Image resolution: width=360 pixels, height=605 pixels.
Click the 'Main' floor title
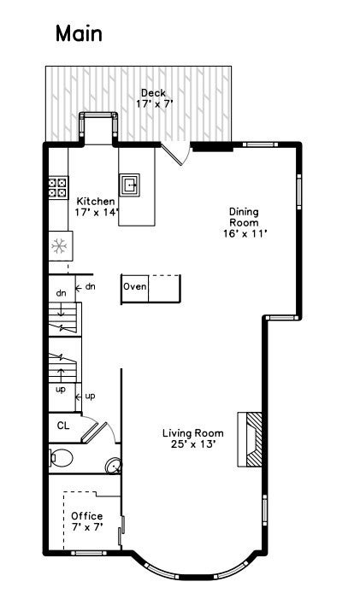(x=79, y=34)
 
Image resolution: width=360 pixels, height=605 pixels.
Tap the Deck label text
(x=154, y=93)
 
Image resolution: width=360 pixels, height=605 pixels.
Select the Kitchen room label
(x=95, y=201)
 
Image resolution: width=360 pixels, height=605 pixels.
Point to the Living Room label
(x=192, y=433)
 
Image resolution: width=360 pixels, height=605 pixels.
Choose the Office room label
(x=86, y=516)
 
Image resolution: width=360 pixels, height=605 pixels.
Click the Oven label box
(x=135, y=287)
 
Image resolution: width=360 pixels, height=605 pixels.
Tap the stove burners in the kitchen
(x=58, y=187)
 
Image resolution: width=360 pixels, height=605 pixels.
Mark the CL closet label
(x=63, y=425)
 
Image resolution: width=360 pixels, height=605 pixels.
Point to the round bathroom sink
(x=113, y=467)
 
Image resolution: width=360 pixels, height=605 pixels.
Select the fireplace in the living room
(x=249, y=439)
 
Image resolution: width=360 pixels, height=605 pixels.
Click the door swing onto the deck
(x=175, y=155)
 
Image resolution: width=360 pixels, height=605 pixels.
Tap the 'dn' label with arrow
(x=86, y=286)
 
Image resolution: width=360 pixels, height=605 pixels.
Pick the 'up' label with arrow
(x=86, y=396)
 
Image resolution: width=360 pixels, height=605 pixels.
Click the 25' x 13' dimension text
(x=192, y=444)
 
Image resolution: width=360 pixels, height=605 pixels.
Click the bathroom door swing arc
(x=101, y=430)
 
